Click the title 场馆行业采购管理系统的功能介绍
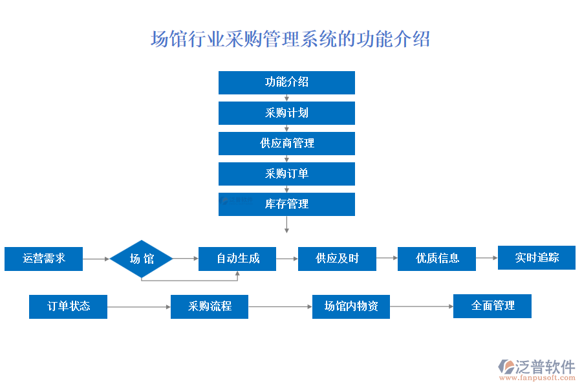290,39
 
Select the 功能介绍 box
286,82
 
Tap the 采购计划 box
286,113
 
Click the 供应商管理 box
286,143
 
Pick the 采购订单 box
286,173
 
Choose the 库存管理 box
286,204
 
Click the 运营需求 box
44,259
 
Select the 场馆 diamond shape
142,259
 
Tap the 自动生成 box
237,259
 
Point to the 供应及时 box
337,259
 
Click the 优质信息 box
437,259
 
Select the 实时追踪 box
536,257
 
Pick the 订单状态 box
68,307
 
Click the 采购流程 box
210,307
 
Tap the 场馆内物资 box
351,307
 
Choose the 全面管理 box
492,306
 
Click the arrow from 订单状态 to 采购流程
139,307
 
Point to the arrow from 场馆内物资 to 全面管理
422,307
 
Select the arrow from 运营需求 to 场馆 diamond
97,259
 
